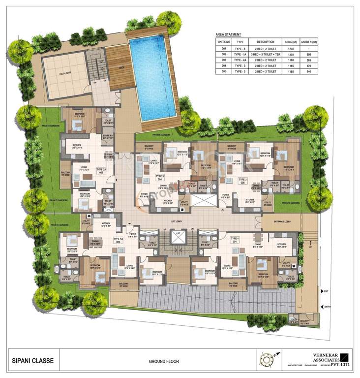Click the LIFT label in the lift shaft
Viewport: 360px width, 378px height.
coord(178,232)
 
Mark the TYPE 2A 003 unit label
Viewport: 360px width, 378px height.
coord(100,170)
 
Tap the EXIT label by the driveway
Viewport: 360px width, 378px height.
coord(326,292)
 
